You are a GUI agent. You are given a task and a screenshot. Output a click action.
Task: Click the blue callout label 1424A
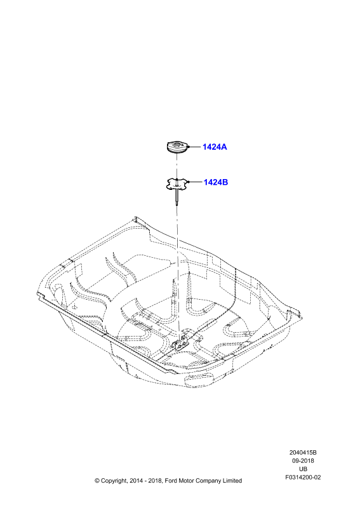(x=215, y=147)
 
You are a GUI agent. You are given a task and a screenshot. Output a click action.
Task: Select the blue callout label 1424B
(x=215, y=182)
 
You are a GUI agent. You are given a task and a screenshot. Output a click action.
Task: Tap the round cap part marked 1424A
(x=177, y=148)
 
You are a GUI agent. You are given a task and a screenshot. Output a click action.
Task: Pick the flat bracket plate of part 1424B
(x=177, y=184)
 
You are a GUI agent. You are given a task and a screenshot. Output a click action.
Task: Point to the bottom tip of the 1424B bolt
(x=177, y=204)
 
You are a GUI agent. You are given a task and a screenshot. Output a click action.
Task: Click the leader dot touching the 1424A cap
(x=189, y=147)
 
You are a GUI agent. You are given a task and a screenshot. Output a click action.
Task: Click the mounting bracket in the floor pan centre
(x=182, y=343)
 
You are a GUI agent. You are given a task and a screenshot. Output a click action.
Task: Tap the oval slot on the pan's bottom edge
(x=197, y=378)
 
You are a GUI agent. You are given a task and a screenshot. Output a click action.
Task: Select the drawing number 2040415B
(x=303, y=452)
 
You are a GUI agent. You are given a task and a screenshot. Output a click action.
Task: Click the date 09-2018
(x=303, y=461)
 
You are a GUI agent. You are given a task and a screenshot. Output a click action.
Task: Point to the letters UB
(x=303, y=469)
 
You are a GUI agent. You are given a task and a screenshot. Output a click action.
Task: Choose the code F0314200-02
(x=303, y=478)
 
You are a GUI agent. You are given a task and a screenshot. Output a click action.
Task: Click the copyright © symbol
(x=97, y=481)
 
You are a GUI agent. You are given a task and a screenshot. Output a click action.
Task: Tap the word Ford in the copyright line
(x=171, y=481)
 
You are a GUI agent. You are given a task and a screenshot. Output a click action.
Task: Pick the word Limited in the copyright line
(x=232, y=481)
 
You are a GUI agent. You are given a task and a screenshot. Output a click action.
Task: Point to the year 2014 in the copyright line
(x=135, y=481)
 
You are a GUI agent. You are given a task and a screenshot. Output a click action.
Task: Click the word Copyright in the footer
(x=114, y=481)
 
